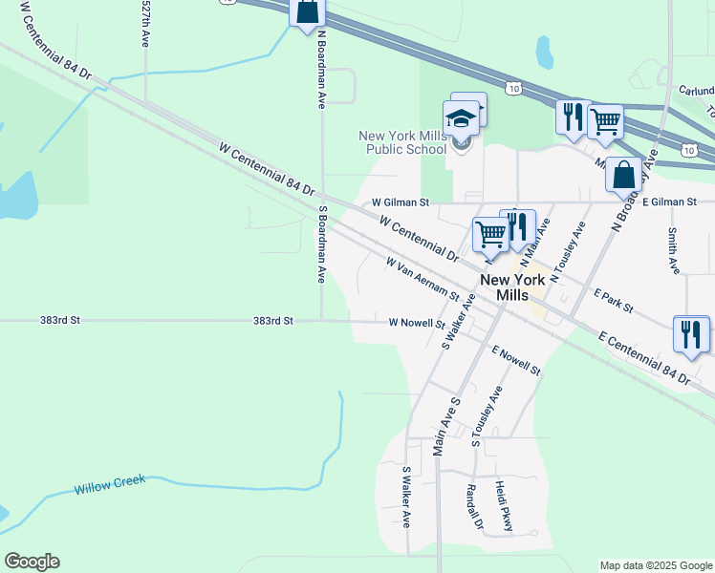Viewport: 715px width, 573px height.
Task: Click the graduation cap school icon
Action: (462, 118)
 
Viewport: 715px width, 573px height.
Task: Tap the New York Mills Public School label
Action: (402, 142)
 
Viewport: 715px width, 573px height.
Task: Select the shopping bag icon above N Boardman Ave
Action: (308, 11)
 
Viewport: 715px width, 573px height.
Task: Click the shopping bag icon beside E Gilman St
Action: (623, 176)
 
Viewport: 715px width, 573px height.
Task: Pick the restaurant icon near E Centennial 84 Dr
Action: (691, 334)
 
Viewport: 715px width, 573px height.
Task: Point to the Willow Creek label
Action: (110, 485)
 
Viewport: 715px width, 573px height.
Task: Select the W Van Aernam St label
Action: (422, 278)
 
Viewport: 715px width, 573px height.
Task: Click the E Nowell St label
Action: (516, 360)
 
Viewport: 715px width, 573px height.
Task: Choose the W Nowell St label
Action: (417, 323)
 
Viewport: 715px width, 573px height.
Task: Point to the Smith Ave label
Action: (674, 250)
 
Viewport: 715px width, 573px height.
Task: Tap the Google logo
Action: (32, 562)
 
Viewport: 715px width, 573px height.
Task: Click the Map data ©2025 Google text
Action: (655, 565)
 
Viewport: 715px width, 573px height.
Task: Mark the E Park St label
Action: (614, 301)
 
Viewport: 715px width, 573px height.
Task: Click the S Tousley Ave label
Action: (487, 416)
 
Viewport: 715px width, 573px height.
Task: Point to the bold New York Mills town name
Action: (512, 287)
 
